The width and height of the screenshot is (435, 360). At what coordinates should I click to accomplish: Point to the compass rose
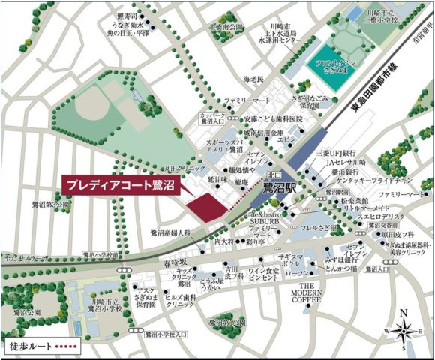[402, 330]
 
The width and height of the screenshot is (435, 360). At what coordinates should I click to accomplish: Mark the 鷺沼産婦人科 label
[170, 233]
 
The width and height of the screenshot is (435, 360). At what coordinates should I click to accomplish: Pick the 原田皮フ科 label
[380, 235]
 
